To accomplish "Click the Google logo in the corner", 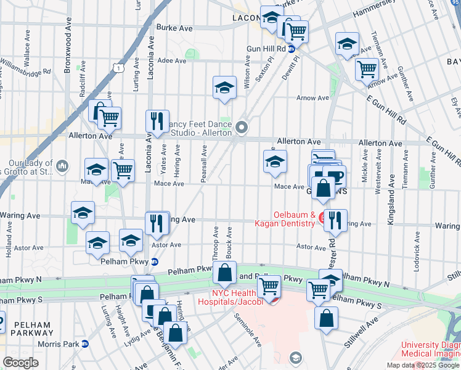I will coord(21,363).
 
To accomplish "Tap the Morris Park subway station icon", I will coord(85,343).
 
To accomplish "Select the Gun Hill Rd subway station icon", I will coord(290,50).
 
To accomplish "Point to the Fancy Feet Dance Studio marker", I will coord(242,128).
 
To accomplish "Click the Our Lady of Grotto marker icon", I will coord(62,166).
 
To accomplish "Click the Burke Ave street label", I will coord(174,27).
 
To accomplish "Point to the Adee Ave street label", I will coord(172,60).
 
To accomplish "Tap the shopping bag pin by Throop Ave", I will coord(225,271).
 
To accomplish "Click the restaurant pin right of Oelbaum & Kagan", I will coord(335,219).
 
